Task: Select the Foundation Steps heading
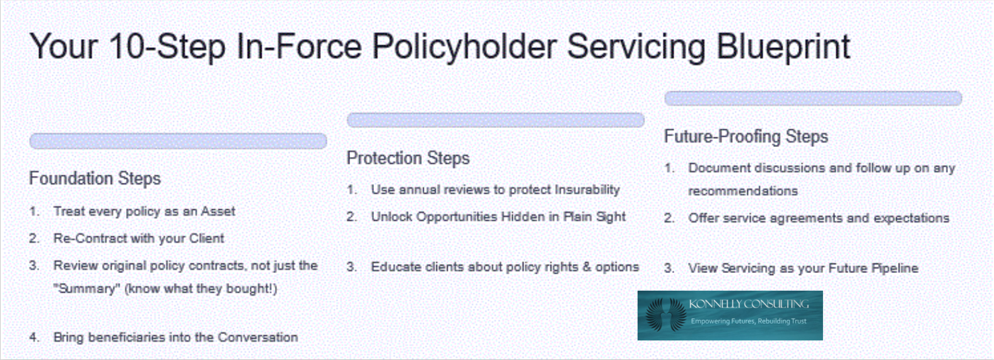pos(95,178)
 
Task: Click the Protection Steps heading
pos(408,158)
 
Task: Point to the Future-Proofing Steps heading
pos(746,137)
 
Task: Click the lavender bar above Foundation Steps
pos(178,141)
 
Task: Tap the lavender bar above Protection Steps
pos(496,120)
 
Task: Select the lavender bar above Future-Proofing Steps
pos(813,98)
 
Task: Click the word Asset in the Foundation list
pos(218,211)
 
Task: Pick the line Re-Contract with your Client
pos(139,238)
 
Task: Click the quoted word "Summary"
pos(86,289)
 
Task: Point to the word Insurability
pos(587,190)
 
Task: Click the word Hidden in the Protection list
pos(523,217)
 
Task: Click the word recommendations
pos(743,191)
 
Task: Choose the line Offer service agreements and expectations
pos(819,219)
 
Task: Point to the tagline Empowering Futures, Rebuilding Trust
pos(749,322)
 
